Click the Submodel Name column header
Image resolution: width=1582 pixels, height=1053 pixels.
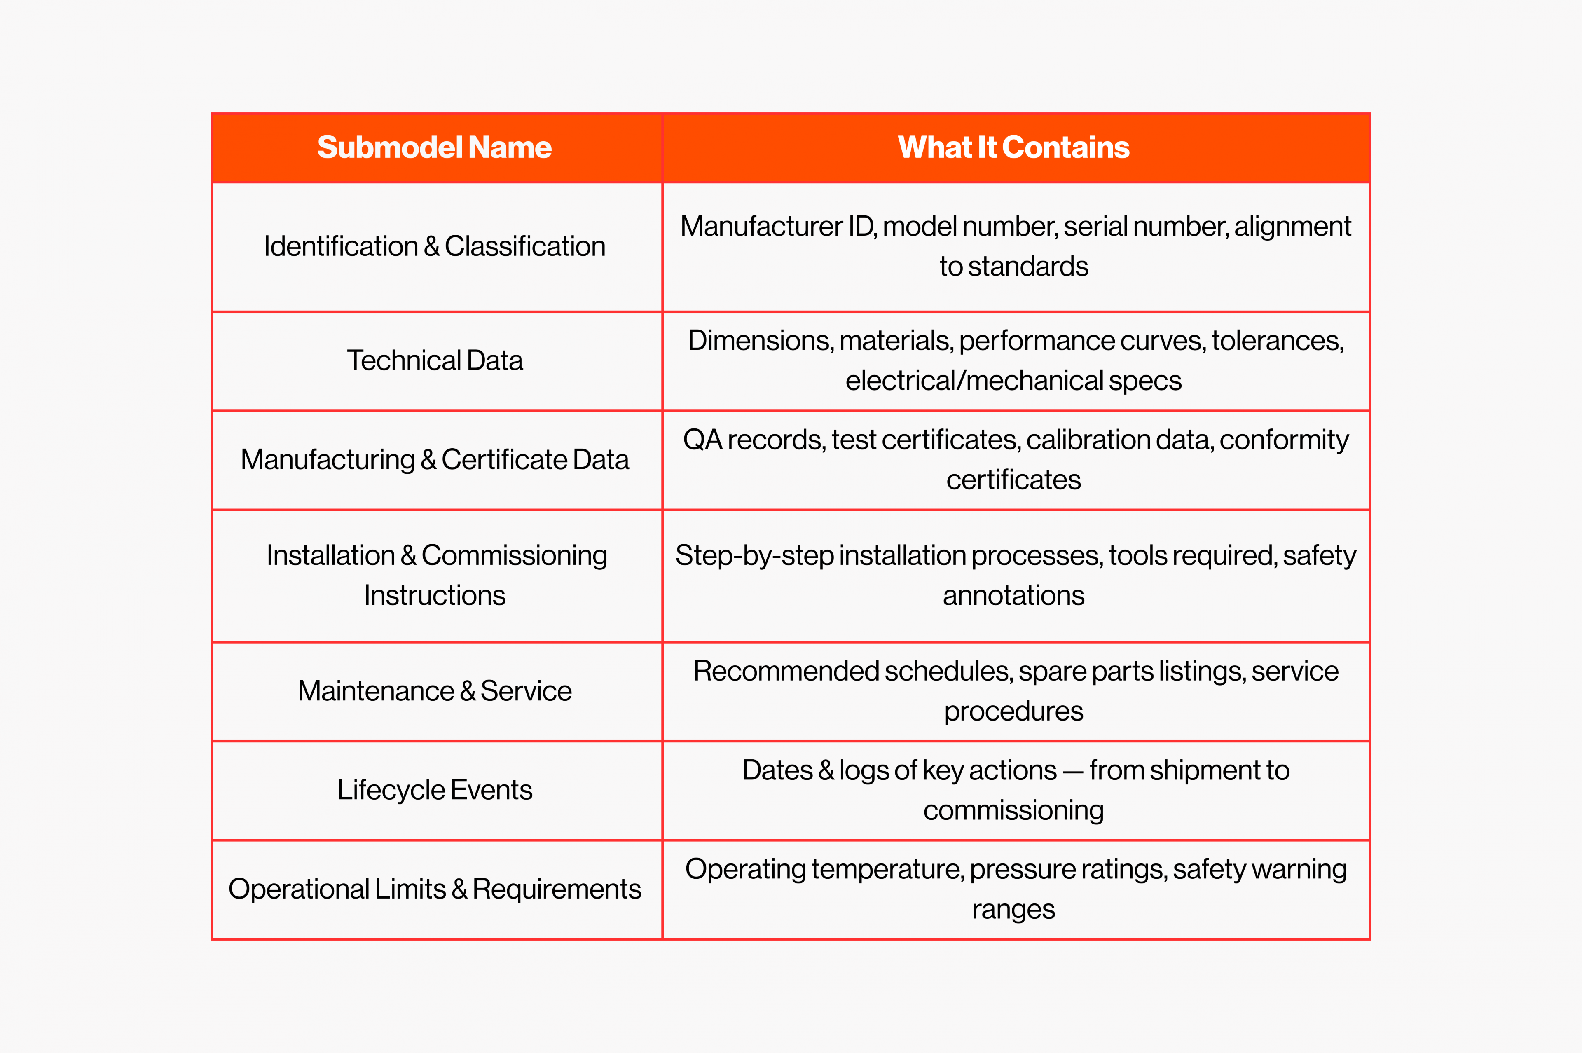coord(435,147)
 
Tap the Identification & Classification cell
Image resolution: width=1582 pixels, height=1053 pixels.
coord(435,246)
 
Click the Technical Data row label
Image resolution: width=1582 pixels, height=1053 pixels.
coord(435,360)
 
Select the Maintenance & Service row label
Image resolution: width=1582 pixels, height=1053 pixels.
coord(435,691)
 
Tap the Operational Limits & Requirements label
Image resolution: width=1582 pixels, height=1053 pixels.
coord(435,889)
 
